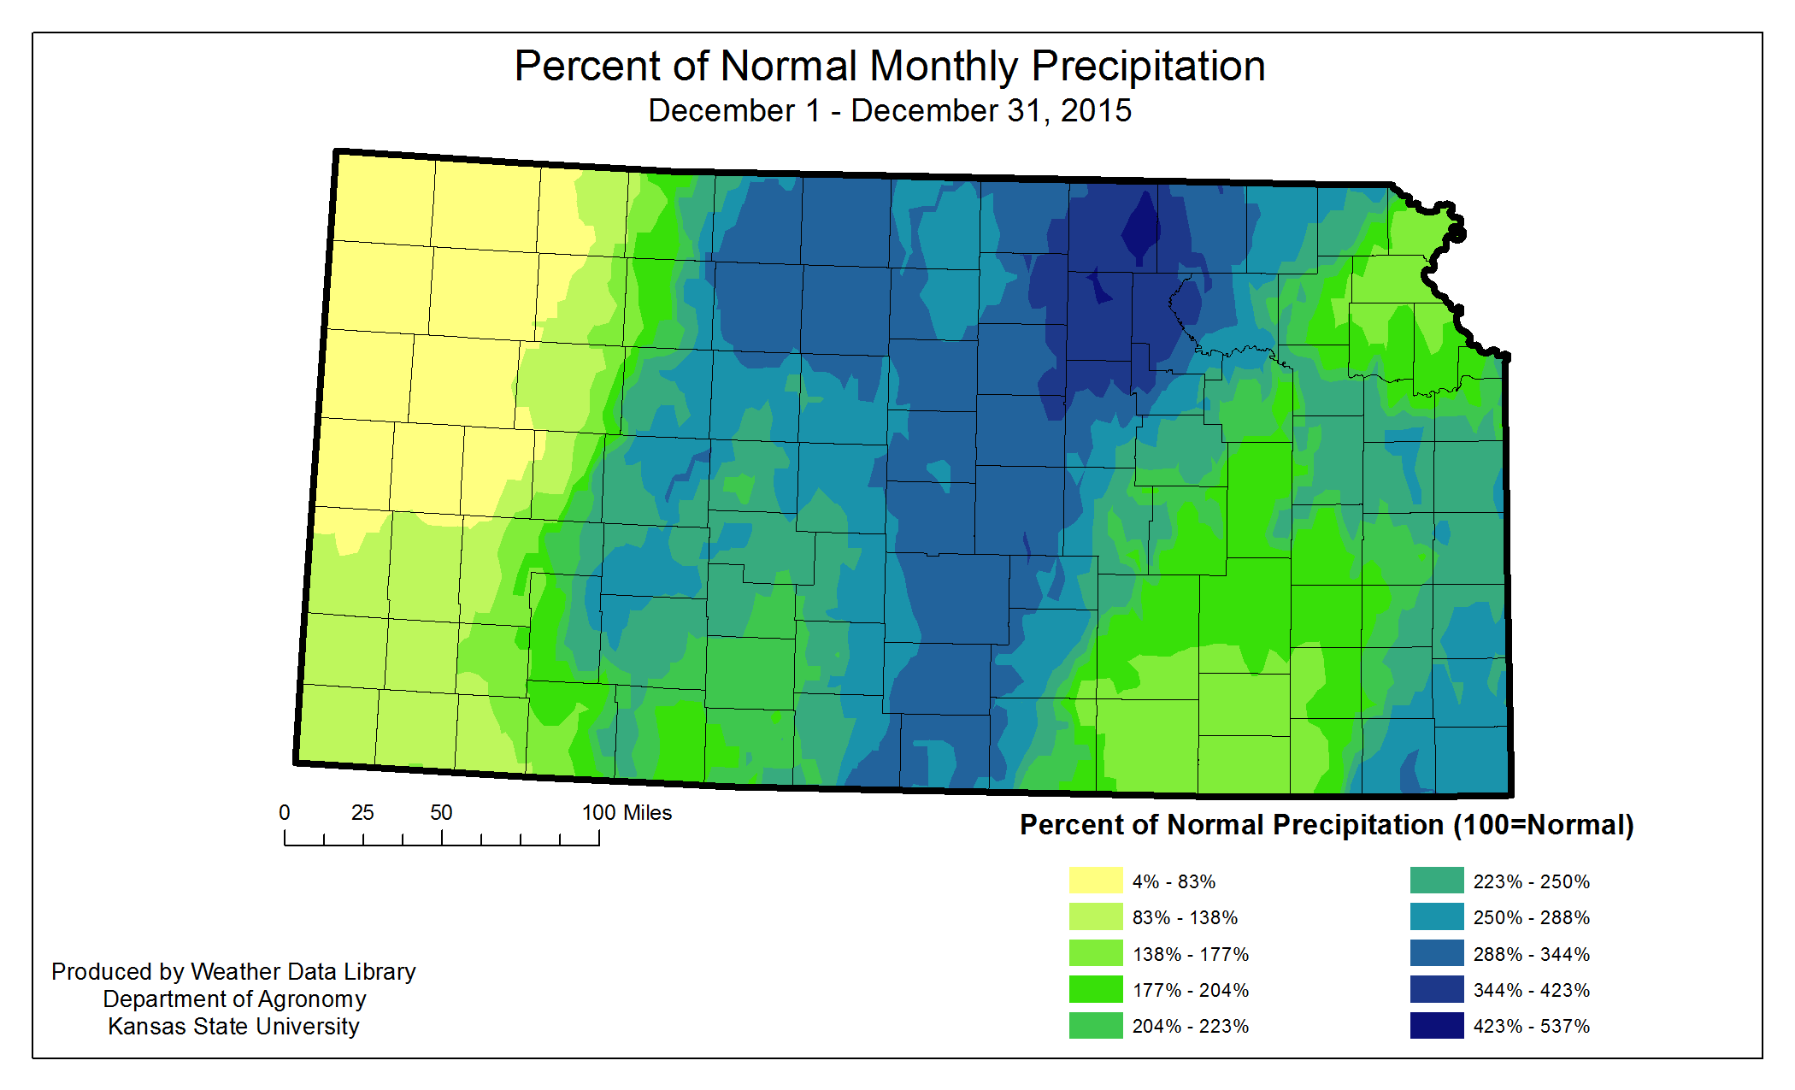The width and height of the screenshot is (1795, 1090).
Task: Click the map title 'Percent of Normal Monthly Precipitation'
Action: (889, 66)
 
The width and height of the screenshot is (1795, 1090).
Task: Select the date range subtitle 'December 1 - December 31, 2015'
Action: (889, 111)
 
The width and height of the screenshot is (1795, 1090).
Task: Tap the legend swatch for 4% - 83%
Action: (1095, 881)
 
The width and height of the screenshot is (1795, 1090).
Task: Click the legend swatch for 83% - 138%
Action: (1095, 916)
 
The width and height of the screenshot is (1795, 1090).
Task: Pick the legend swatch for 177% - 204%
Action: (1095, 989)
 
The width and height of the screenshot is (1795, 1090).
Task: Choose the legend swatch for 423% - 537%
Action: (1436, 1025)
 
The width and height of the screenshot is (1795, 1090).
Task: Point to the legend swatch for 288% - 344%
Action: (1436, 953)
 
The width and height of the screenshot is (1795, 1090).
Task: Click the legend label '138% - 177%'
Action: (1190, 954)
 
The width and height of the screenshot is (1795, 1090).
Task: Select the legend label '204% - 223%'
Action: (1190, 1026)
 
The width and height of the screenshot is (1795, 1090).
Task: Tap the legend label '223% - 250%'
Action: (1531, 881)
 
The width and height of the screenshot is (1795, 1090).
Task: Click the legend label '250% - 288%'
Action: (1531, 917)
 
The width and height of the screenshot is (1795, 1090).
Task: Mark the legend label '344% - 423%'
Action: (1531, 990)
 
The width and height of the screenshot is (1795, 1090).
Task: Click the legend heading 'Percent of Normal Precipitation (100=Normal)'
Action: (1327, 825)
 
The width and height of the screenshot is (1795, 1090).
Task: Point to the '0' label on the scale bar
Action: (285, 813)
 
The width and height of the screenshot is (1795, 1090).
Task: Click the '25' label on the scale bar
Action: (362, 813)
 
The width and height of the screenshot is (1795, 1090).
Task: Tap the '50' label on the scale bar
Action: (441, 813)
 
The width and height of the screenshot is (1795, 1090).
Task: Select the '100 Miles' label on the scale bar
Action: (627, 813)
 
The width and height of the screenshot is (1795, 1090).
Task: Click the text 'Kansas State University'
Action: (233, 1026)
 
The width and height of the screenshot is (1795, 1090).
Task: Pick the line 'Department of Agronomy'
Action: (234, 999)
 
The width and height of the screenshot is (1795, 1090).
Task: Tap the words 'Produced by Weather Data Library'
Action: (233, 971)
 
